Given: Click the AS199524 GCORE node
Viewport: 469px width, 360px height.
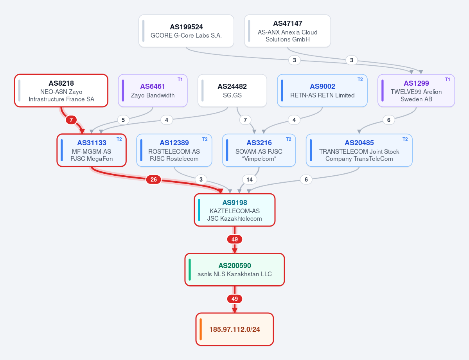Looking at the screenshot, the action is tap(186, 31).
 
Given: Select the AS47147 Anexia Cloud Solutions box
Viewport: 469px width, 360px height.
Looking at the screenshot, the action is tap(288, 31).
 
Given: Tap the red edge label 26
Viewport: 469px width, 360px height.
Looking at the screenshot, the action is tap(153, 180).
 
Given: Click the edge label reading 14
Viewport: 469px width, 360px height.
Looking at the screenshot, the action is tap(250, 180).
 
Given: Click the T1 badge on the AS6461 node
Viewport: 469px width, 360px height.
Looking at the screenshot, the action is tap(180, 79).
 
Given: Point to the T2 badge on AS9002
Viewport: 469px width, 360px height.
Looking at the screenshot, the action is tap(360, 79).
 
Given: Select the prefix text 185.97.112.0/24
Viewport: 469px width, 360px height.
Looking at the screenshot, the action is tap(235, 329).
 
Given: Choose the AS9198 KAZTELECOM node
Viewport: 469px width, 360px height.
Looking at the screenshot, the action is tap(235, 210).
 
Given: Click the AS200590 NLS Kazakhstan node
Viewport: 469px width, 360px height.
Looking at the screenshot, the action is tap(235, 270).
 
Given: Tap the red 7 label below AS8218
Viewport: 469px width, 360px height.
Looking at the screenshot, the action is tap(71, 120).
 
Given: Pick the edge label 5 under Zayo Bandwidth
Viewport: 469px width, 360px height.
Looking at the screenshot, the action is tap(123, 120).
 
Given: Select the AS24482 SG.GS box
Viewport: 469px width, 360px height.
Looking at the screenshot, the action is tap(232, 90).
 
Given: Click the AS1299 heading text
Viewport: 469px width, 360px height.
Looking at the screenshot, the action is tap(416, 83).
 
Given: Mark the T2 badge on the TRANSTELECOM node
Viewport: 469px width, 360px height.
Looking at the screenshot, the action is tap(405, 139).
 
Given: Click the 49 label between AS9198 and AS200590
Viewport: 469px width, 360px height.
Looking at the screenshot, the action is tap(235, 239).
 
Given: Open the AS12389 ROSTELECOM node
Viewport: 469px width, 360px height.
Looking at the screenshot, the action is tap(174, 150).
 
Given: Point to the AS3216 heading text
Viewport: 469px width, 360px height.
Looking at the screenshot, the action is tap(259, 143).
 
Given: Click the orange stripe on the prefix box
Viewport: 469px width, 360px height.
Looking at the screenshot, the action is tap(201, 329).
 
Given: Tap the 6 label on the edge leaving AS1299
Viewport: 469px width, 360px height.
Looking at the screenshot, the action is tap(389, 120).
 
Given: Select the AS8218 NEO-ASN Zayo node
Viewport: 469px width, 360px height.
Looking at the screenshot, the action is tap(61, 90).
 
